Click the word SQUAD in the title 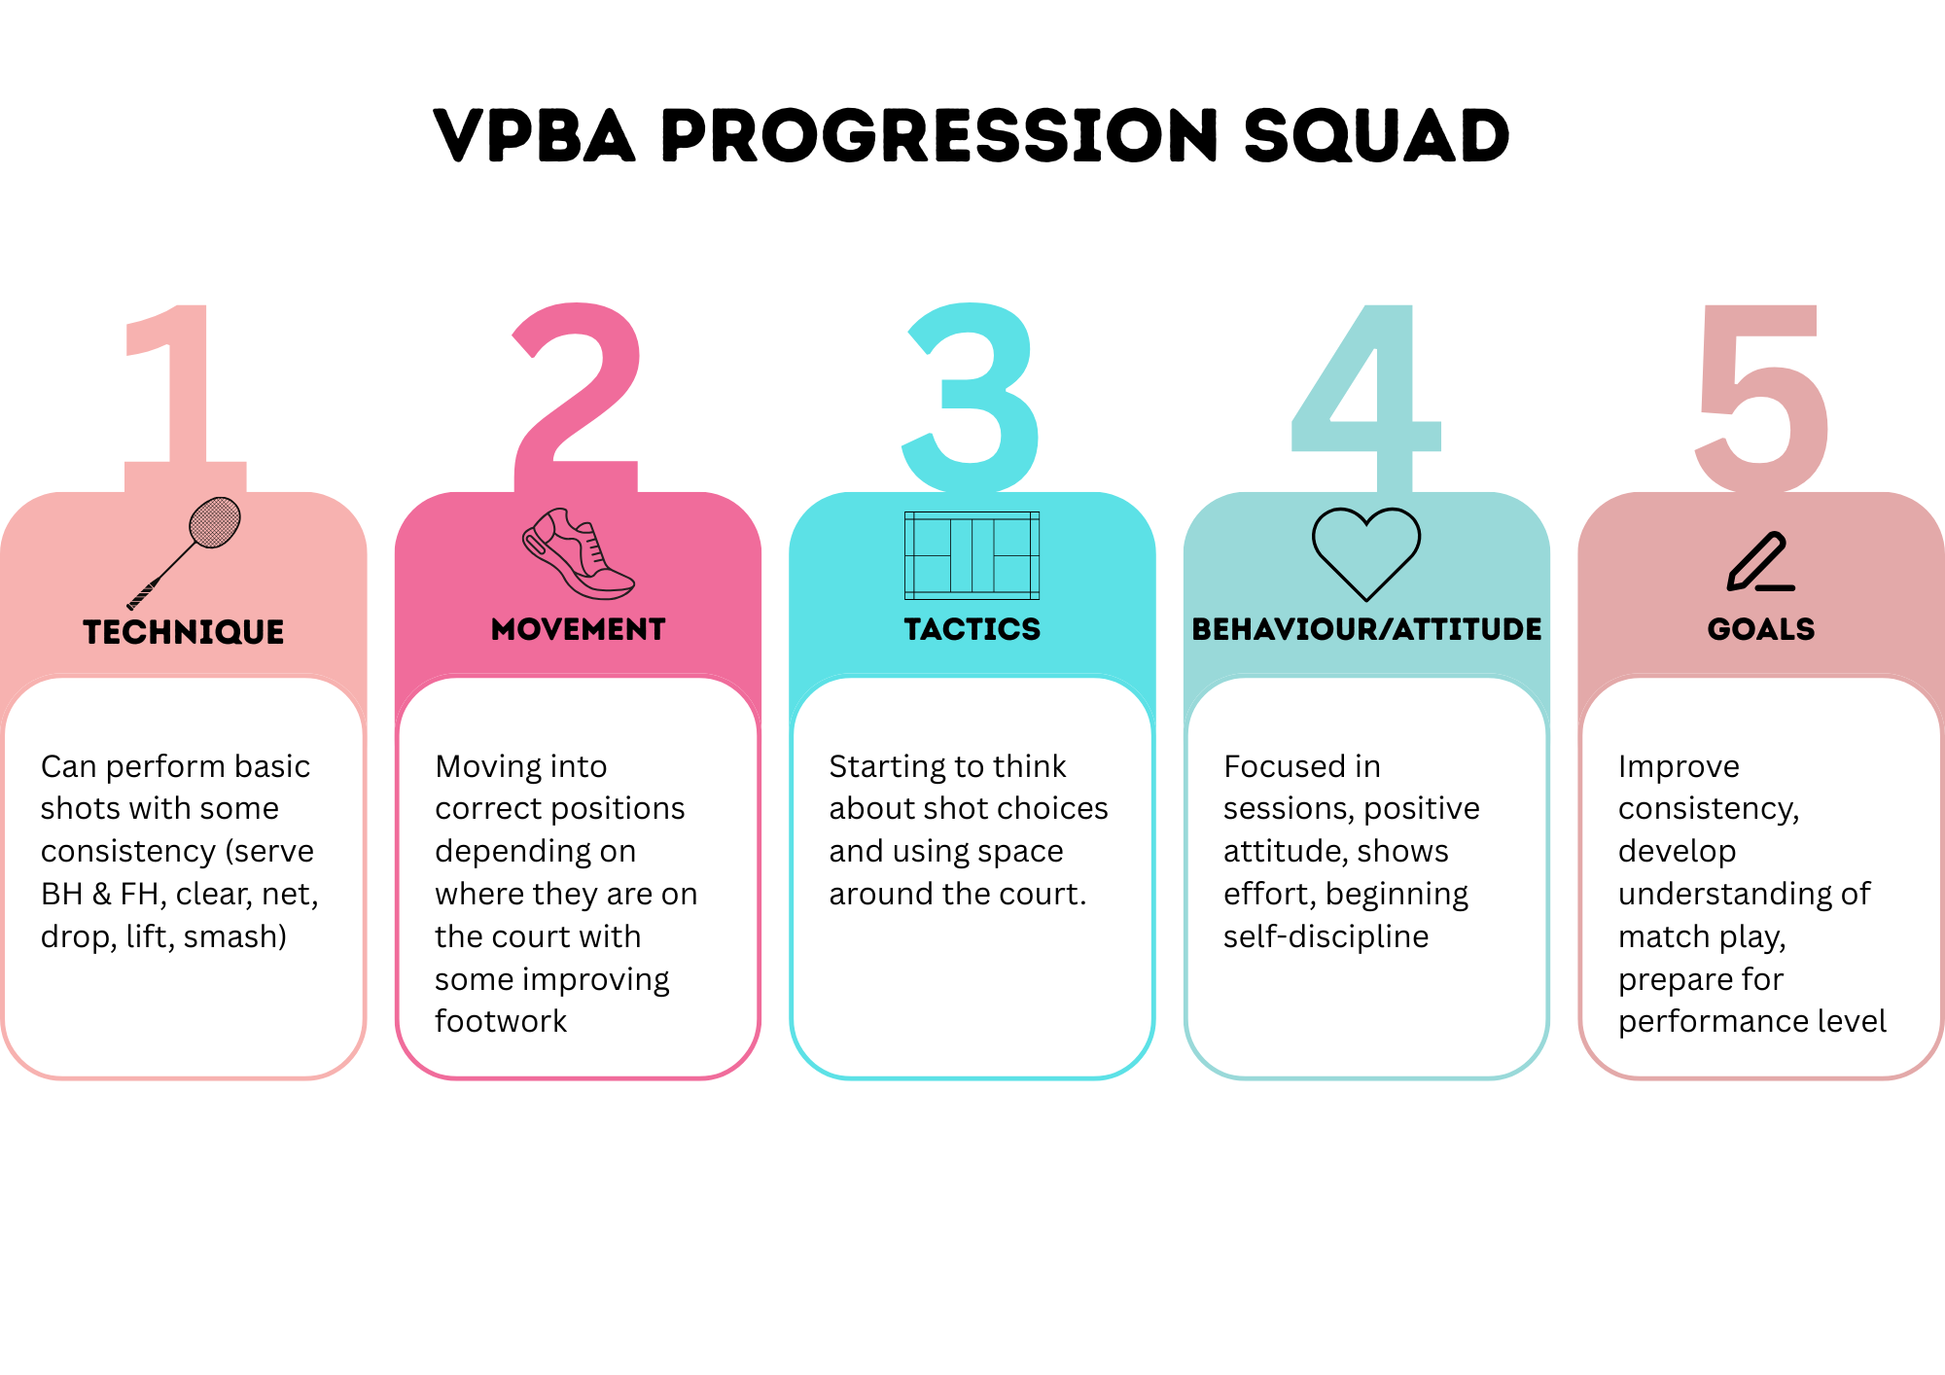tap(1375, 135)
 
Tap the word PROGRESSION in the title tap(938, 135)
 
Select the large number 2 tap(577, 389)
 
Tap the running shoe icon tap(578, 553)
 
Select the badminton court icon tap(972, 555)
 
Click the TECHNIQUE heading tap(184, 632)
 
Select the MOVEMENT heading tap(579, 629)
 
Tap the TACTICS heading tap(972, 629)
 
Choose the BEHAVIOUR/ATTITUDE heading tap(1366, 629)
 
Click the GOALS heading tap(1761, 629)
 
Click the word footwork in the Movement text tap(501, 1021)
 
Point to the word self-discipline tap(1326, 936)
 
